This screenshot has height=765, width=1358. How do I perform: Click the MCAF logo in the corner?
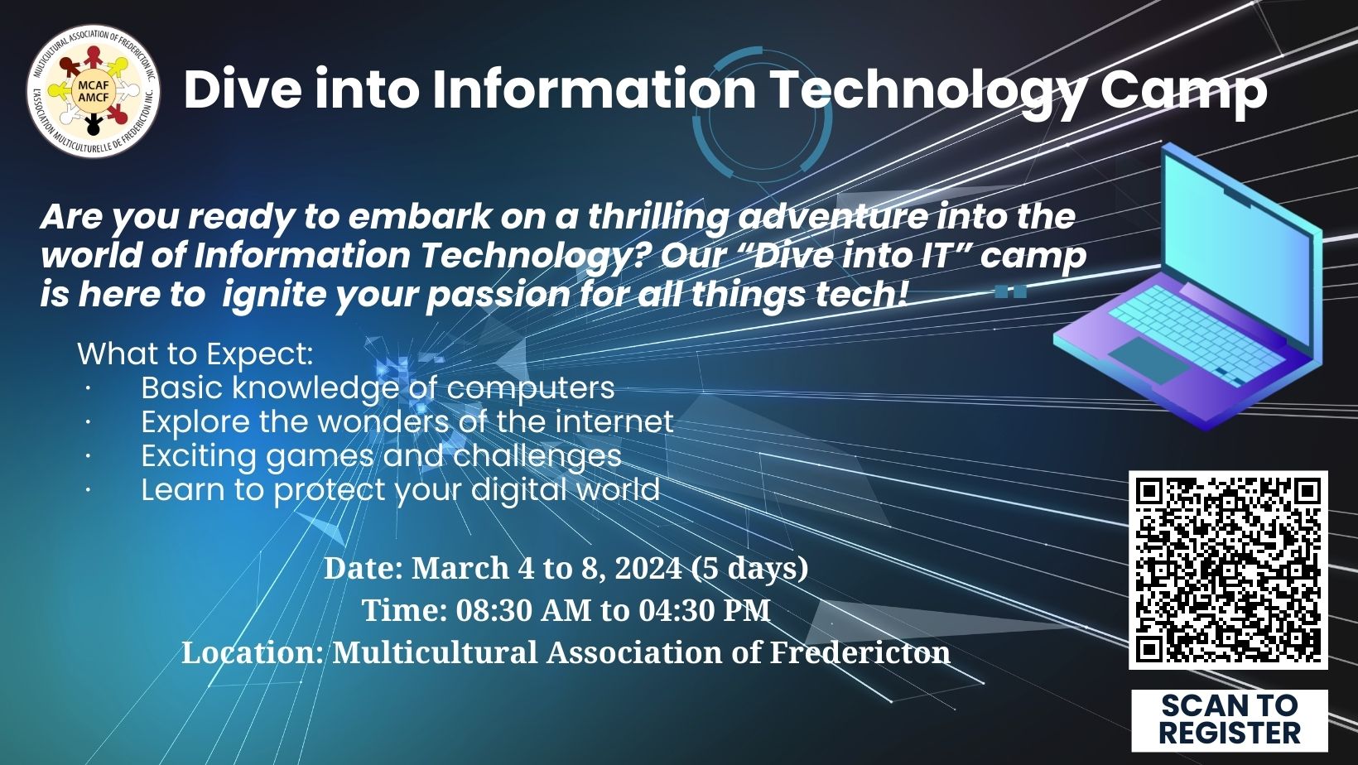coord(93,92)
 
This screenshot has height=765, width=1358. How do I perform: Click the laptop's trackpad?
coord(1149,360)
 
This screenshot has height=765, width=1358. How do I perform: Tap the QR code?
coord(1228,570)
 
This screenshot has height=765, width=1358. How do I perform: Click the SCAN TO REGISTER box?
coord(1229,720)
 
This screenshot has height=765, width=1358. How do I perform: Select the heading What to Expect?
coord(195,354)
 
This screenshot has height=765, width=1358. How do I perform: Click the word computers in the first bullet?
coord(531,388)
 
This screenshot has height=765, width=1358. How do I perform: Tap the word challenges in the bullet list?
coord(537,456)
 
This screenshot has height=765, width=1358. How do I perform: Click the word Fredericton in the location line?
coord(860,652)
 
